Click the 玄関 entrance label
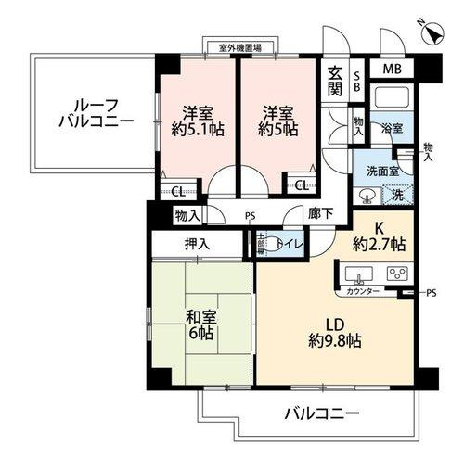pos(335,82)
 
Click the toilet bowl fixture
pos(263,245)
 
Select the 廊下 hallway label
pos(321,213)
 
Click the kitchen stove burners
pos(397,274)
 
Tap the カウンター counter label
pos(362,291)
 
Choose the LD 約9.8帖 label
pos(335,333)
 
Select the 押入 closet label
pos(196,245)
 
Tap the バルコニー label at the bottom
pos(320,412)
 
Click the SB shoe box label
pos(358,81)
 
